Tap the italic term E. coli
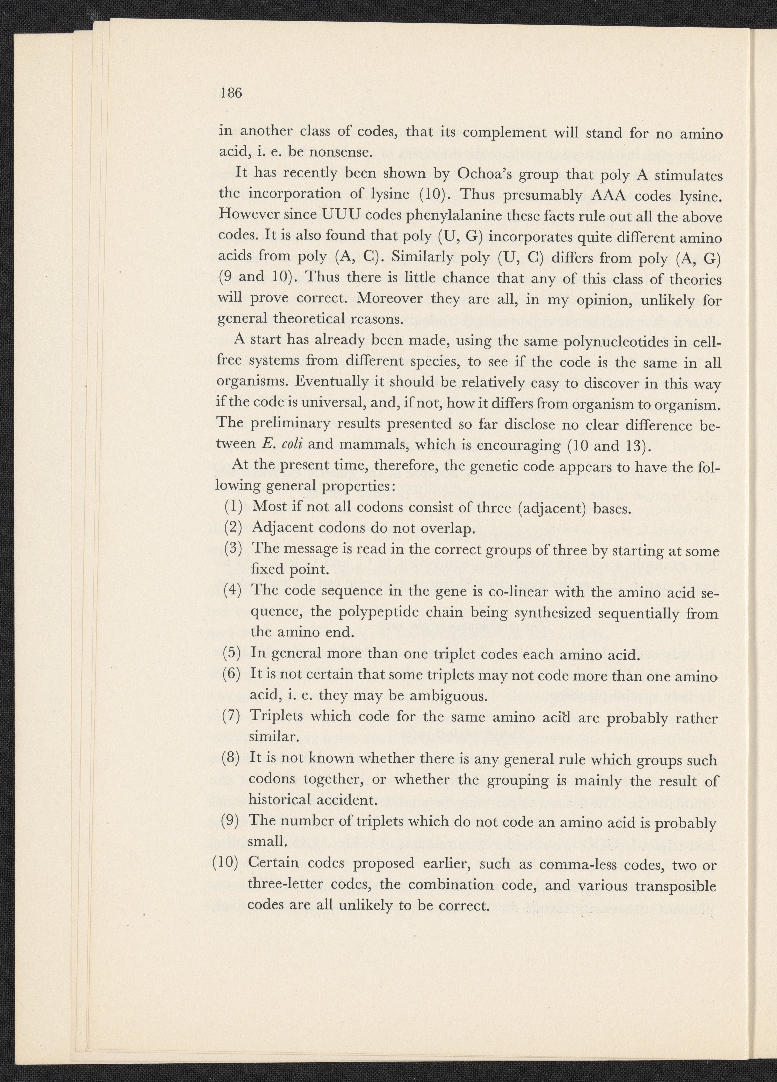tap(284, 444)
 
